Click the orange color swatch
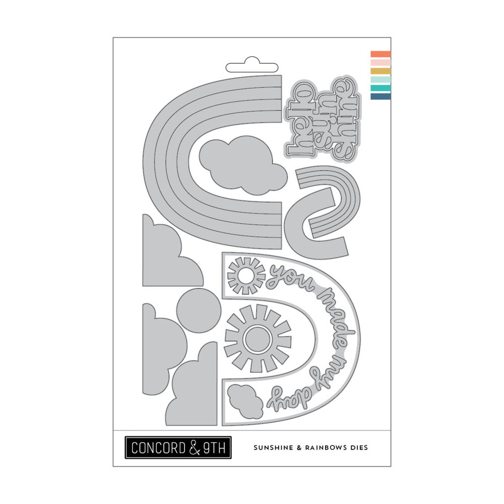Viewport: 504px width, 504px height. (381, 54)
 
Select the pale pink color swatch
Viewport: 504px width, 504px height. (381, 62)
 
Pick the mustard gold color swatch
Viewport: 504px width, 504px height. (381, 71)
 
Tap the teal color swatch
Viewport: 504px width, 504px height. (381, 88)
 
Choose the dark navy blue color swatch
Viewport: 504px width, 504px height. (381, 96)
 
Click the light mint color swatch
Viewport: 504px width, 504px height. (381, 80)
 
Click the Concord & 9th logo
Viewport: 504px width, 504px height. (178, 448)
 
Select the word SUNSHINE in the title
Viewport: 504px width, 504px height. (274, 448)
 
